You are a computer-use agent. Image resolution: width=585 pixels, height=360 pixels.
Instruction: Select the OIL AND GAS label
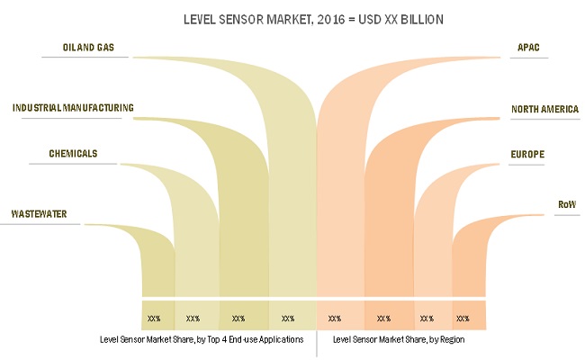tap(88, 46)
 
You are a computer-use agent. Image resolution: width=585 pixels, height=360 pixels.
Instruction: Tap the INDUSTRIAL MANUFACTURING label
tap(73, 108)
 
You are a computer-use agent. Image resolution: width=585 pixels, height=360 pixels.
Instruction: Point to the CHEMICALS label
tap(74, 154)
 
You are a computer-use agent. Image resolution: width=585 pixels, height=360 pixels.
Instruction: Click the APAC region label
tap(529, 46)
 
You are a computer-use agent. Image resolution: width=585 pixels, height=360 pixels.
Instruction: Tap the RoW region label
tap(567, 205)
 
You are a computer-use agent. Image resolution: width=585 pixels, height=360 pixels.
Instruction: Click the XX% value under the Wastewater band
tap(154, 319)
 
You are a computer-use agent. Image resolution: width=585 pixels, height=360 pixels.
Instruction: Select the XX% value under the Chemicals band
tap(193, 319)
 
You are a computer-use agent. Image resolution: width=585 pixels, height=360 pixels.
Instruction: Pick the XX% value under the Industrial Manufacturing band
tap(238, 319)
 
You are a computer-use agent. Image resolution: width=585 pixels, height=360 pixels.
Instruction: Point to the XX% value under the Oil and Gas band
tap(288, 319)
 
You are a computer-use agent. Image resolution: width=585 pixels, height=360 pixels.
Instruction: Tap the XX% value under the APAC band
tap(335, 319)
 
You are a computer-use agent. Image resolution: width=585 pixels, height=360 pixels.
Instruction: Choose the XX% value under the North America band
tap(383, 319)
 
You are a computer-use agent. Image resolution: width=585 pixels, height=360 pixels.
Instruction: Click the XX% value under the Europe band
tap(427, 319)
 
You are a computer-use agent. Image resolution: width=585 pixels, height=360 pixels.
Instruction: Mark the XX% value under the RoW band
tap(463, 319)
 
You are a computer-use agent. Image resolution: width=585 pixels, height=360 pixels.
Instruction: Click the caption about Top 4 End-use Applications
tap(208, 340)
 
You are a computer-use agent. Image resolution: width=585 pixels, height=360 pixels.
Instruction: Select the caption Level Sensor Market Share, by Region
tap(399, 340)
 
